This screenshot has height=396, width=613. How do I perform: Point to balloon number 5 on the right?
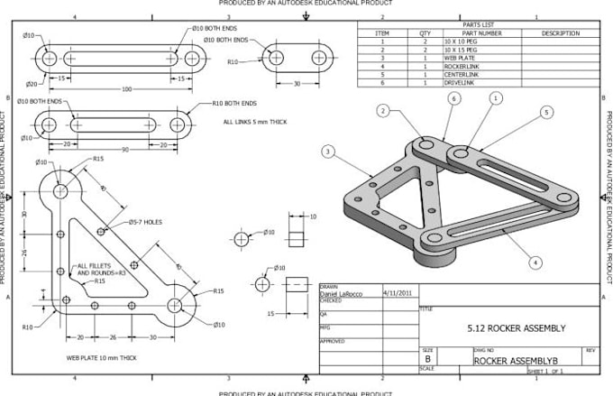[546, 113]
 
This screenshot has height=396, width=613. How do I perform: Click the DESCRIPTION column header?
[560, 32]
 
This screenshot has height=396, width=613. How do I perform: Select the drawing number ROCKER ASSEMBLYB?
[513, 360]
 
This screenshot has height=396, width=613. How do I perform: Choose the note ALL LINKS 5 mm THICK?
[254, 121]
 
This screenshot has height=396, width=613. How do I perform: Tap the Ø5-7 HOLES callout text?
[145, 221]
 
